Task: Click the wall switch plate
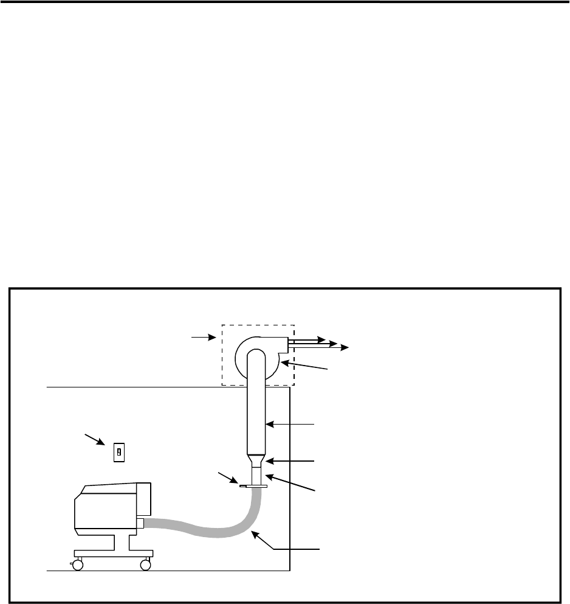point(120,452)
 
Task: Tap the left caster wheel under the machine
point(77,565)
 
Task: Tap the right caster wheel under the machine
point(145,565)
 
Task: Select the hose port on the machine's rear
point(140,522)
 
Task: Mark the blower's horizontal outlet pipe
point(301,343)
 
